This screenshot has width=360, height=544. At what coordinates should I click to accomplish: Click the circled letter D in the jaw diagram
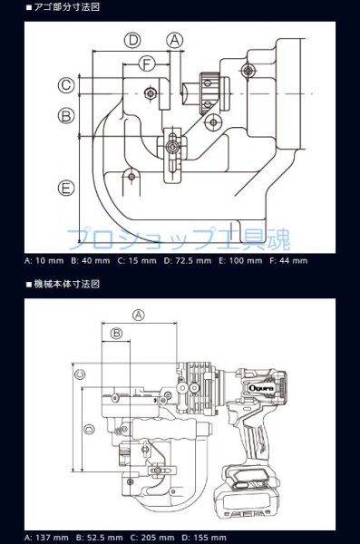(x=133, y=40)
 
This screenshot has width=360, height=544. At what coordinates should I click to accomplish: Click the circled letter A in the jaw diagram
(x=175, y=40)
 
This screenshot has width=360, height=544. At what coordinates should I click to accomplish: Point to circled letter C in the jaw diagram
(x=66, y=85)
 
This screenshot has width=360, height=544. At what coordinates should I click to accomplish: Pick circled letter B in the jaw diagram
(x=66, y=116)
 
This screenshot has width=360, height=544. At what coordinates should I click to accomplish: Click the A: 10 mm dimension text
(x=43, y=260)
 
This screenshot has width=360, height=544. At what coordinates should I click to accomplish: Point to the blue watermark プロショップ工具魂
(x=181, y=238)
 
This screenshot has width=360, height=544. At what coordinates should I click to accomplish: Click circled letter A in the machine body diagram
(x=139, y=314)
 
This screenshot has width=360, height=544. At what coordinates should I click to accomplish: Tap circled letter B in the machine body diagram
(x=116, y=335)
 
